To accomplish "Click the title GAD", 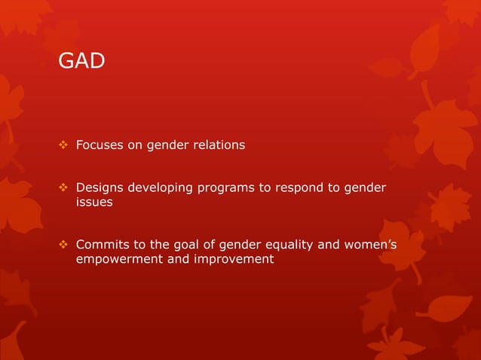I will (x=81, y=61).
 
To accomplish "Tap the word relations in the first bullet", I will (x=219, y=145).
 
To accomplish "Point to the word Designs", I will (x=99, y=188).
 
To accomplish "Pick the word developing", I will (x=160, y=188).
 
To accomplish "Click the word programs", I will (x=223, y=188).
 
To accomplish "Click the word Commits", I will (x=101, y=245).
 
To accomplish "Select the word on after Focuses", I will (x=133, y=145).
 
